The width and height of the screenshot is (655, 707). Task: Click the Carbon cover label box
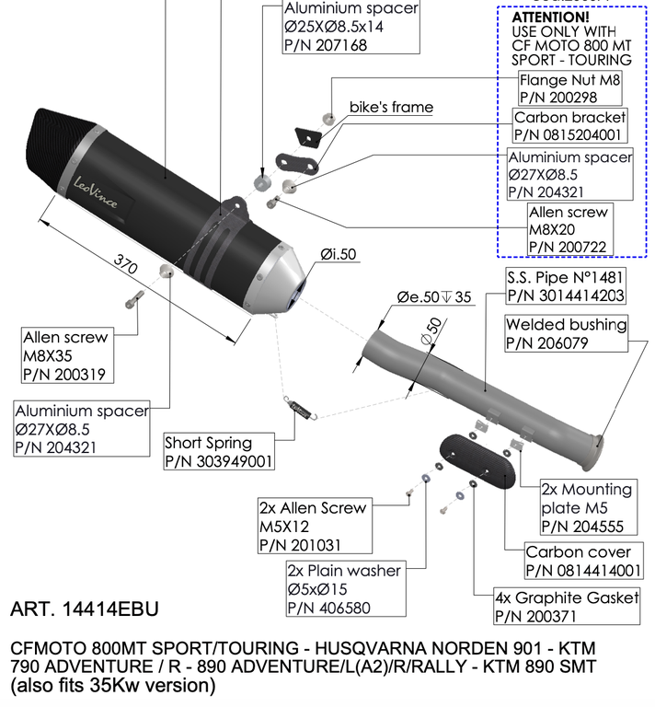click(580, 562)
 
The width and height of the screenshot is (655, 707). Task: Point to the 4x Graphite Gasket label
click(567, 607)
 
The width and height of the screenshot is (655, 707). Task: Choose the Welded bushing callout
click(566, 333)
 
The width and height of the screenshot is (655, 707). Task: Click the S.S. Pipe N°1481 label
click(566, 286)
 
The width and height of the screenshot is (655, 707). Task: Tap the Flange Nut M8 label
click(570, 87)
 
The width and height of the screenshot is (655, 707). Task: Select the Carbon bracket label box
click(569, 126)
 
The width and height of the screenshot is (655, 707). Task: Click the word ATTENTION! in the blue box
click(550, 17)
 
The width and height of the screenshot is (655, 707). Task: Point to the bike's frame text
click(391, 107)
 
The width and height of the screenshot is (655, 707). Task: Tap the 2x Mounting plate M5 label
click(586, 507)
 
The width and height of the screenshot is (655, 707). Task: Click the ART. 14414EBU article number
click(84, 609)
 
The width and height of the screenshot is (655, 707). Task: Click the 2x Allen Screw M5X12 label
click(313, 527)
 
